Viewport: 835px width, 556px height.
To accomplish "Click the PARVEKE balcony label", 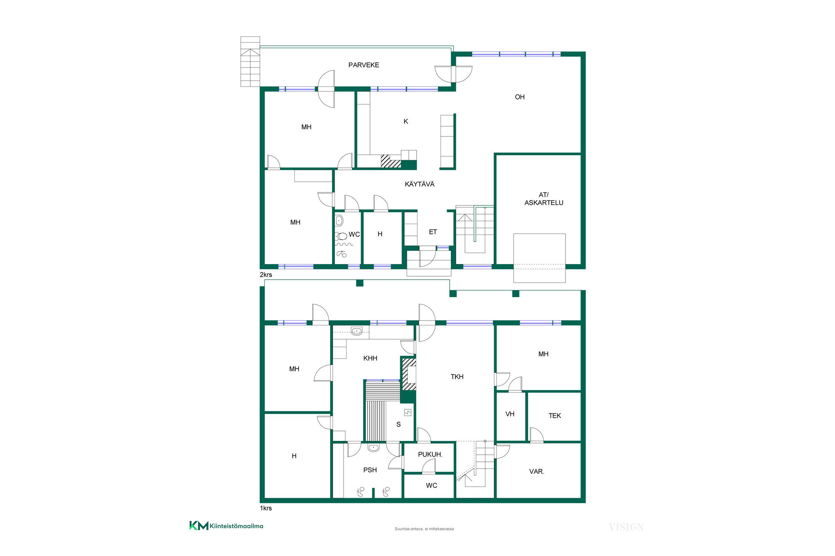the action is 364,65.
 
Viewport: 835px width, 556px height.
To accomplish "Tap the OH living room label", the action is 520,97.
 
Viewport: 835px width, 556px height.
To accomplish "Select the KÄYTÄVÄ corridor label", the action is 420,184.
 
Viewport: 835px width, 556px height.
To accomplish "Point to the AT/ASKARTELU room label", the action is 544,199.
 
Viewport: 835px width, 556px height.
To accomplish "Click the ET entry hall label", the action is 433,232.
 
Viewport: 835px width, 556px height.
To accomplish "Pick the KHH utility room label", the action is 370,358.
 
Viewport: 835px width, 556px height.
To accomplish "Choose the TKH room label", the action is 457,377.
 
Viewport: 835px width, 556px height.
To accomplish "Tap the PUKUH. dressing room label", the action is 430,454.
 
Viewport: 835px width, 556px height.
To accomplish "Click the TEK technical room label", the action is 554,416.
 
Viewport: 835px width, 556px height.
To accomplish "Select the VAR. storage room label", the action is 537,471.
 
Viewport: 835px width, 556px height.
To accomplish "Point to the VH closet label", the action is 510,414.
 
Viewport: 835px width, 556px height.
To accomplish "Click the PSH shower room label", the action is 370,470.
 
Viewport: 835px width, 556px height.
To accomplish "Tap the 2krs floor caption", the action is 266,275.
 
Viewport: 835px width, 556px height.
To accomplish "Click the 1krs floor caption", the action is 266,508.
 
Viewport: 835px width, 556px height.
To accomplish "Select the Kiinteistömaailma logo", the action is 226,526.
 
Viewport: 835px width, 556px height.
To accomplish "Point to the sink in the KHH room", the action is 357,331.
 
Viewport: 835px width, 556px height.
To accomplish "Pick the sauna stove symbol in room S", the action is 407,412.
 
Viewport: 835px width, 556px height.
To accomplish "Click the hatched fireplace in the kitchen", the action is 391,161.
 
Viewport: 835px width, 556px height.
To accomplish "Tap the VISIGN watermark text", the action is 626,527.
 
